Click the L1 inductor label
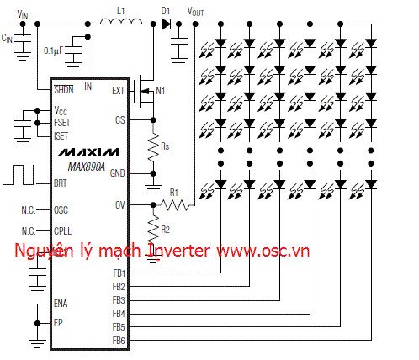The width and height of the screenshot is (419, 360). tap(120, 9)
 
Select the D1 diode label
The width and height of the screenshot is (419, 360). tap(165, 9)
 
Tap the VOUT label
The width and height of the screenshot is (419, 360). tap(194, 11)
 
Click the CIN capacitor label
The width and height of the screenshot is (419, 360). tap(8, 38)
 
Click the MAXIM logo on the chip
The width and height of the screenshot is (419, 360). tap(89, 152)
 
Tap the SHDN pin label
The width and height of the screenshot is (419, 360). tap(63, 88)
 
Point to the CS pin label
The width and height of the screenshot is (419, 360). tap(119, 120)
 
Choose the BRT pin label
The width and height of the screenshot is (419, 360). tap(61, 182)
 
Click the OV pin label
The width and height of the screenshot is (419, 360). tap(119, 204)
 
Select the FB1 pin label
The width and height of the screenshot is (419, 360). tap(118, 273)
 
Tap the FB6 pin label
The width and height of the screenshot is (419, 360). tap(118, 341)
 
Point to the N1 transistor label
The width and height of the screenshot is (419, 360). tap(162, 89)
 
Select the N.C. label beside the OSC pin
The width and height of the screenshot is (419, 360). tap(29, 209)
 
